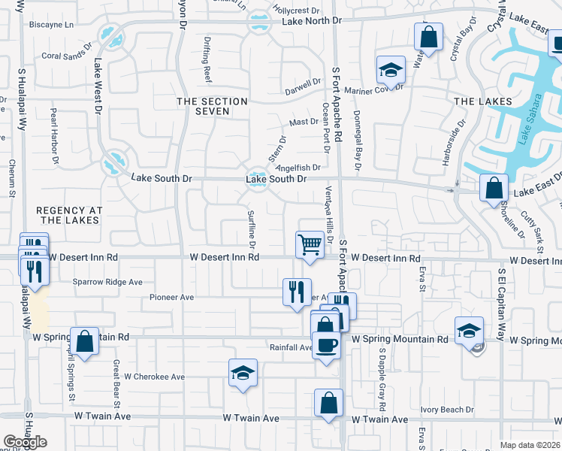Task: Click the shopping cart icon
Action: (310, 244)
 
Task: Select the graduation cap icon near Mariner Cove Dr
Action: (391, 70)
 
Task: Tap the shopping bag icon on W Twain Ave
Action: (328, 403)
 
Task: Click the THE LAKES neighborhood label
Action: (483, 101)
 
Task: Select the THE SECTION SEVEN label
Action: (212, 106)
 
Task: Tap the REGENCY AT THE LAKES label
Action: (68, 214)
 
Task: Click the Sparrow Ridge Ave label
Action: (107, 283)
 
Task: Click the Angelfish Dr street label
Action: (298, 168)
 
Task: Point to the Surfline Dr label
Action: (252, 230)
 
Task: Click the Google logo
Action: (25, 442)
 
